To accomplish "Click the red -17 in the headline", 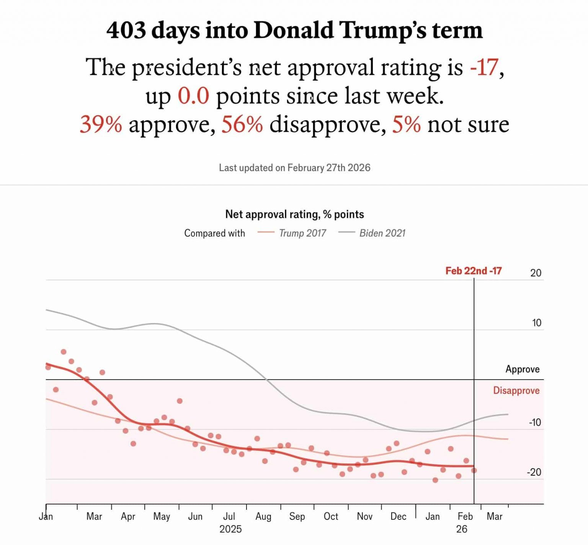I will (484, 67).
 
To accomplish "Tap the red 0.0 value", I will (193, 96).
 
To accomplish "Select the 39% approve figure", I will (101, 124).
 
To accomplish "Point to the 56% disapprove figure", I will (242, 124).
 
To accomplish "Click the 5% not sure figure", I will (406, 124).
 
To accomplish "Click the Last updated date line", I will (294, 168).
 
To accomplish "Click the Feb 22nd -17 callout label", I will (473, 271).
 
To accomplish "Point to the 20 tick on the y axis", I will (536, 273).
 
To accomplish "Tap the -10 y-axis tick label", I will (535, 423).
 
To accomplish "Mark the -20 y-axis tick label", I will (534, 472).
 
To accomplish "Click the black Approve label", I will (522, 369).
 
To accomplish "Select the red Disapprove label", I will (516, 390).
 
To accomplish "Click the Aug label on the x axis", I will (263, 516).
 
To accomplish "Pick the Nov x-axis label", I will (364, 516).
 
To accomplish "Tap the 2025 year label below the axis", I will (230, 529).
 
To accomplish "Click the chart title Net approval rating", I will (294, 214).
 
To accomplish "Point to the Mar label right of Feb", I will (494, 516).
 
